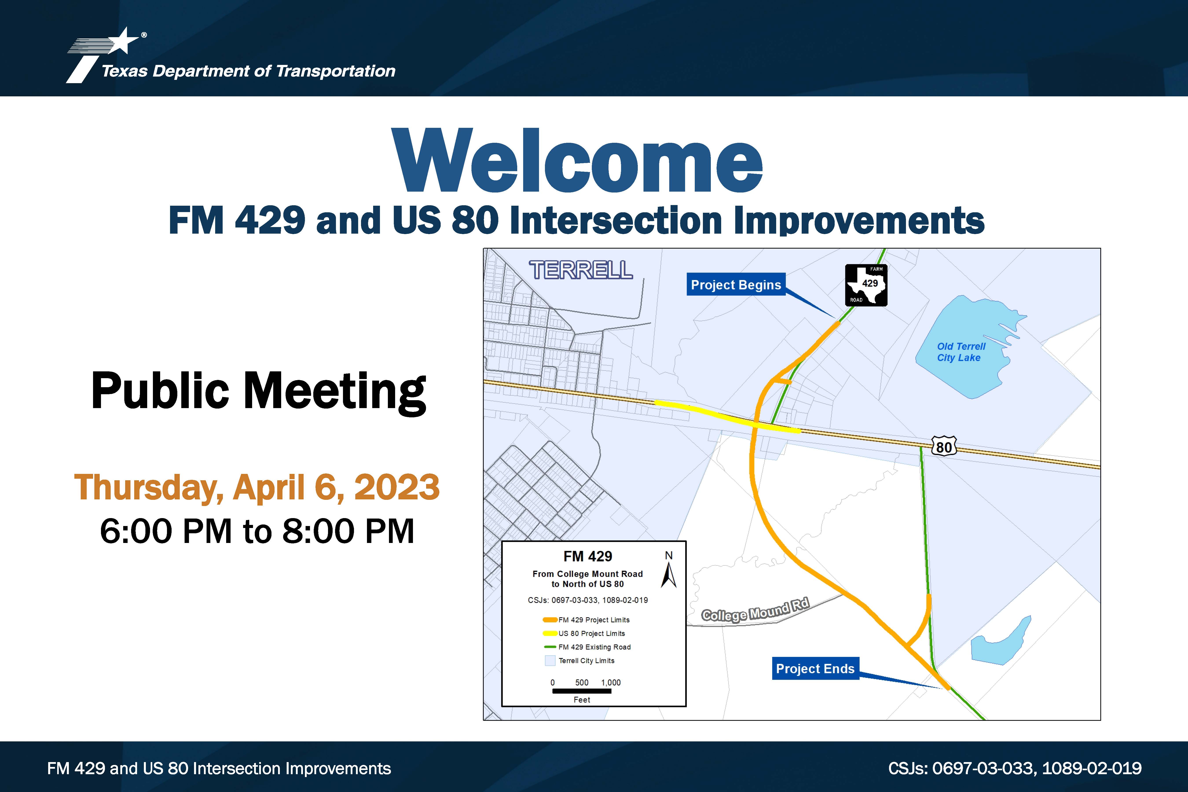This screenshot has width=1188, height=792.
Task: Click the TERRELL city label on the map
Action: (581, 270)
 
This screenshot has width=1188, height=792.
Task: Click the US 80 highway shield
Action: (944, 447)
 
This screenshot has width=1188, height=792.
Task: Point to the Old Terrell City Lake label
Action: (961, 352)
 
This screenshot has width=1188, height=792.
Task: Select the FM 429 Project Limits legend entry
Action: (586, 620)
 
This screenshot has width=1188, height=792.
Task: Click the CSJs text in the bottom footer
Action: (1015, 768)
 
